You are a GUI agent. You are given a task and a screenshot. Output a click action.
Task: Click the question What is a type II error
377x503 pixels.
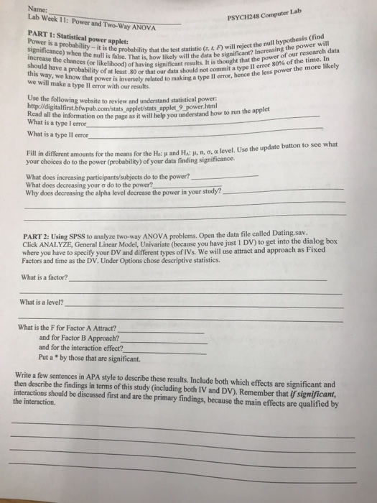[57, 135]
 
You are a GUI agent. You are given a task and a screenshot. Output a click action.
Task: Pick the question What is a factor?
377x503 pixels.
[46, 277]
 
